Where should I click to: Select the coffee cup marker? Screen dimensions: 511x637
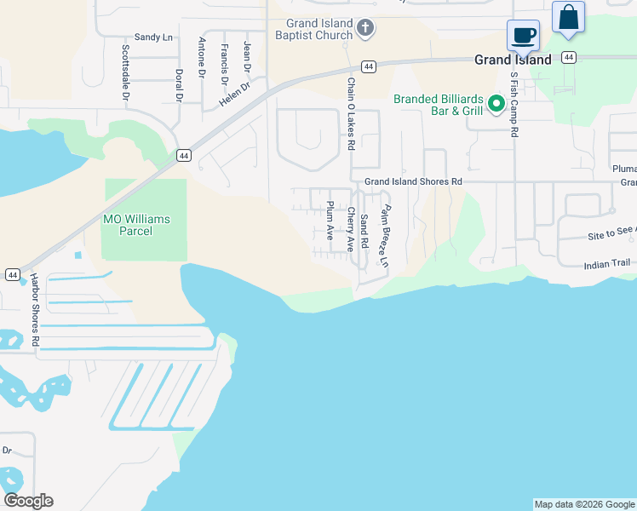523,37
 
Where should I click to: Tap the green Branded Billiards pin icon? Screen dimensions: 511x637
496,106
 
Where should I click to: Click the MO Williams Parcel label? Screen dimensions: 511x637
136,225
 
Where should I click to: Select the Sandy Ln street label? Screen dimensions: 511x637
153,37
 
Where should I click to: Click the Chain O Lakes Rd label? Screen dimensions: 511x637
350,114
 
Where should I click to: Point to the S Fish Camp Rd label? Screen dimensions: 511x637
514,104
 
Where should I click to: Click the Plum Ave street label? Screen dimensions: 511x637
330,220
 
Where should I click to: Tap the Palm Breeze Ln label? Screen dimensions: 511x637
385,236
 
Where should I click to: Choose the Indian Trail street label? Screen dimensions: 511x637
608,266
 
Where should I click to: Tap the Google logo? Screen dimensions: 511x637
28,501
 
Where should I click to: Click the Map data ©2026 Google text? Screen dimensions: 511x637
584,504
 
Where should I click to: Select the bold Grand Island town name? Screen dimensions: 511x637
513,60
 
